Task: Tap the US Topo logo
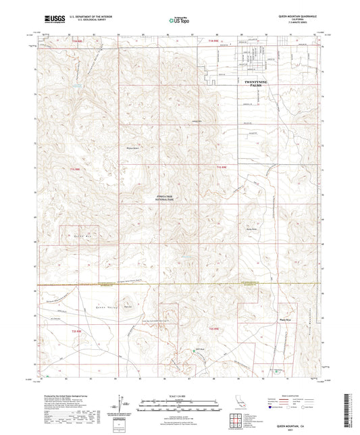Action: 179,22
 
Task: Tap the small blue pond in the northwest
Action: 78,87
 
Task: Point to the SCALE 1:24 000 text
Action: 180,395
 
